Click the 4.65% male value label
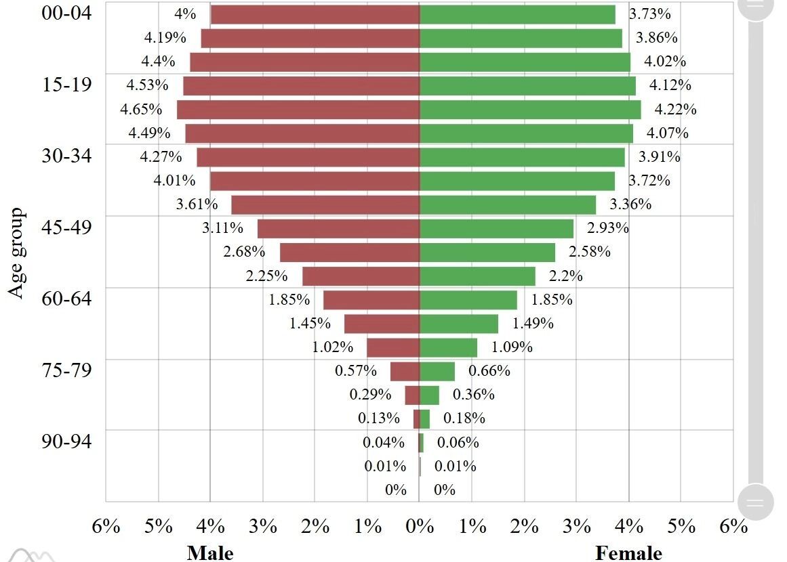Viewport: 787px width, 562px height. [141, 109]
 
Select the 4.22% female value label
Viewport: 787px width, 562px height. [675, 109]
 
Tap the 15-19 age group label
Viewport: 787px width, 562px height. [66, 85]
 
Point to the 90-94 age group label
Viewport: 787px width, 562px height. [66, 441]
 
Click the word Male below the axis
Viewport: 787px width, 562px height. [210, 553]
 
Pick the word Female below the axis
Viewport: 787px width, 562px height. [628, 553]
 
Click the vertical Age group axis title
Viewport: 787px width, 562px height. [18, 253]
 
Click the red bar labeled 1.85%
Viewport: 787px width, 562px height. [371, 300]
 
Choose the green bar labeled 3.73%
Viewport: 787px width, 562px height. [517, 14]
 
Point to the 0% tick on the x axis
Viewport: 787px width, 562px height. [420, 526]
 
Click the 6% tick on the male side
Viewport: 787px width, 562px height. [106, 526]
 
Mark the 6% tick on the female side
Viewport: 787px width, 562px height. [733, 526]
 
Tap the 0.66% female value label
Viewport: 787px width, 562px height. [489, 371]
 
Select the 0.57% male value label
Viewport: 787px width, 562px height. [356, 371]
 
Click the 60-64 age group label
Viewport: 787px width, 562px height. [66, 298]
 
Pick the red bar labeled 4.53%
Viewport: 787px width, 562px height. [301, 86]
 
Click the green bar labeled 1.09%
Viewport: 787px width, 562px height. [448, 347]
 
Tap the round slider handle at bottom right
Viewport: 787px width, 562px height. [754, 502]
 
